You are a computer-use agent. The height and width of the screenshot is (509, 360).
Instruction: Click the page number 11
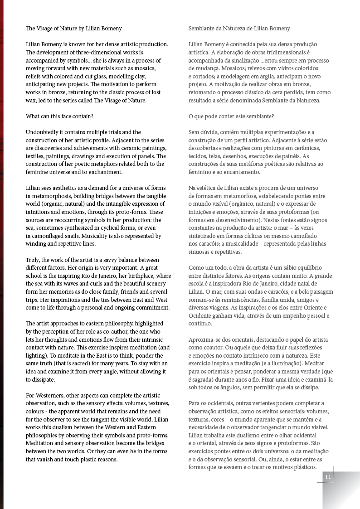(328, 477)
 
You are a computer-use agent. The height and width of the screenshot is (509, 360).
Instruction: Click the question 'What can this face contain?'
(59, 116)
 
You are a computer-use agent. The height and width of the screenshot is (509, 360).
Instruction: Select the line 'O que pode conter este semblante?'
(231, 116)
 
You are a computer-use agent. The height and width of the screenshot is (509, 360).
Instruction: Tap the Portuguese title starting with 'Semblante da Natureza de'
(239, 29)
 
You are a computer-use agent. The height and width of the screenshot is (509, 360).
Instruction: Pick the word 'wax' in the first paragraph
(31, 100)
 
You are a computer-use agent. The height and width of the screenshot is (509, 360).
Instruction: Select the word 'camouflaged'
(49, 236)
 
